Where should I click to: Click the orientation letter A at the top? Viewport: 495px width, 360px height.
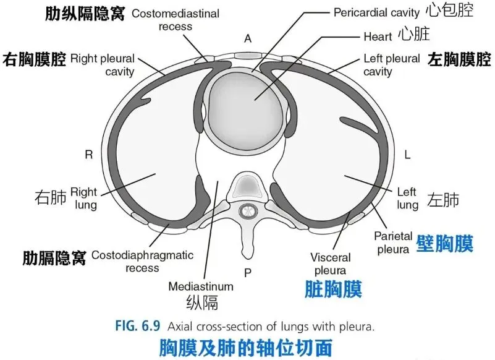[x=248, y=38]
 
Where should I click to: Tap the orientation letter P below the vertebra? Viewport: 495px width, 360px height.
[x=248, y=273]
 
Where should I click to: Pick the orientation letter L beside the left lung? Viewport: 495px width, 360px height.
[x=407, y=155]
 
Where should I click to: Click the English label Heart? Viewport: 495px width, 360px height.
[x=378, y=36]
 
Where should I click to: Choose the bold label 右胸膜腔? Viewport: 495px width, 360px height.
[x=35, y=59]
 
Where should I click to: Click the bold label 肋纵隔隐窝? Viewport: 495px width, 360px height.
[x=85, y=13]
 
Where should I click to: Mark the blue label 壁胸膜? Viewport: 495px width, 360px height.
[x=445, y=243]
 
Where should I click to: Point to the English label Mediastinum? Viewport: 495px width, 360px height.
[x=201, y=286]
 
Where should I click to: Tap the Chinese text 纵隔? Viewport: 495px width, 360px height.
[x=201, y=303]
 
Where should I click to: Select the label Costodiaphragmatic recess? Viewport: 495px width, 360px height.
[x=142, y=261]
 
